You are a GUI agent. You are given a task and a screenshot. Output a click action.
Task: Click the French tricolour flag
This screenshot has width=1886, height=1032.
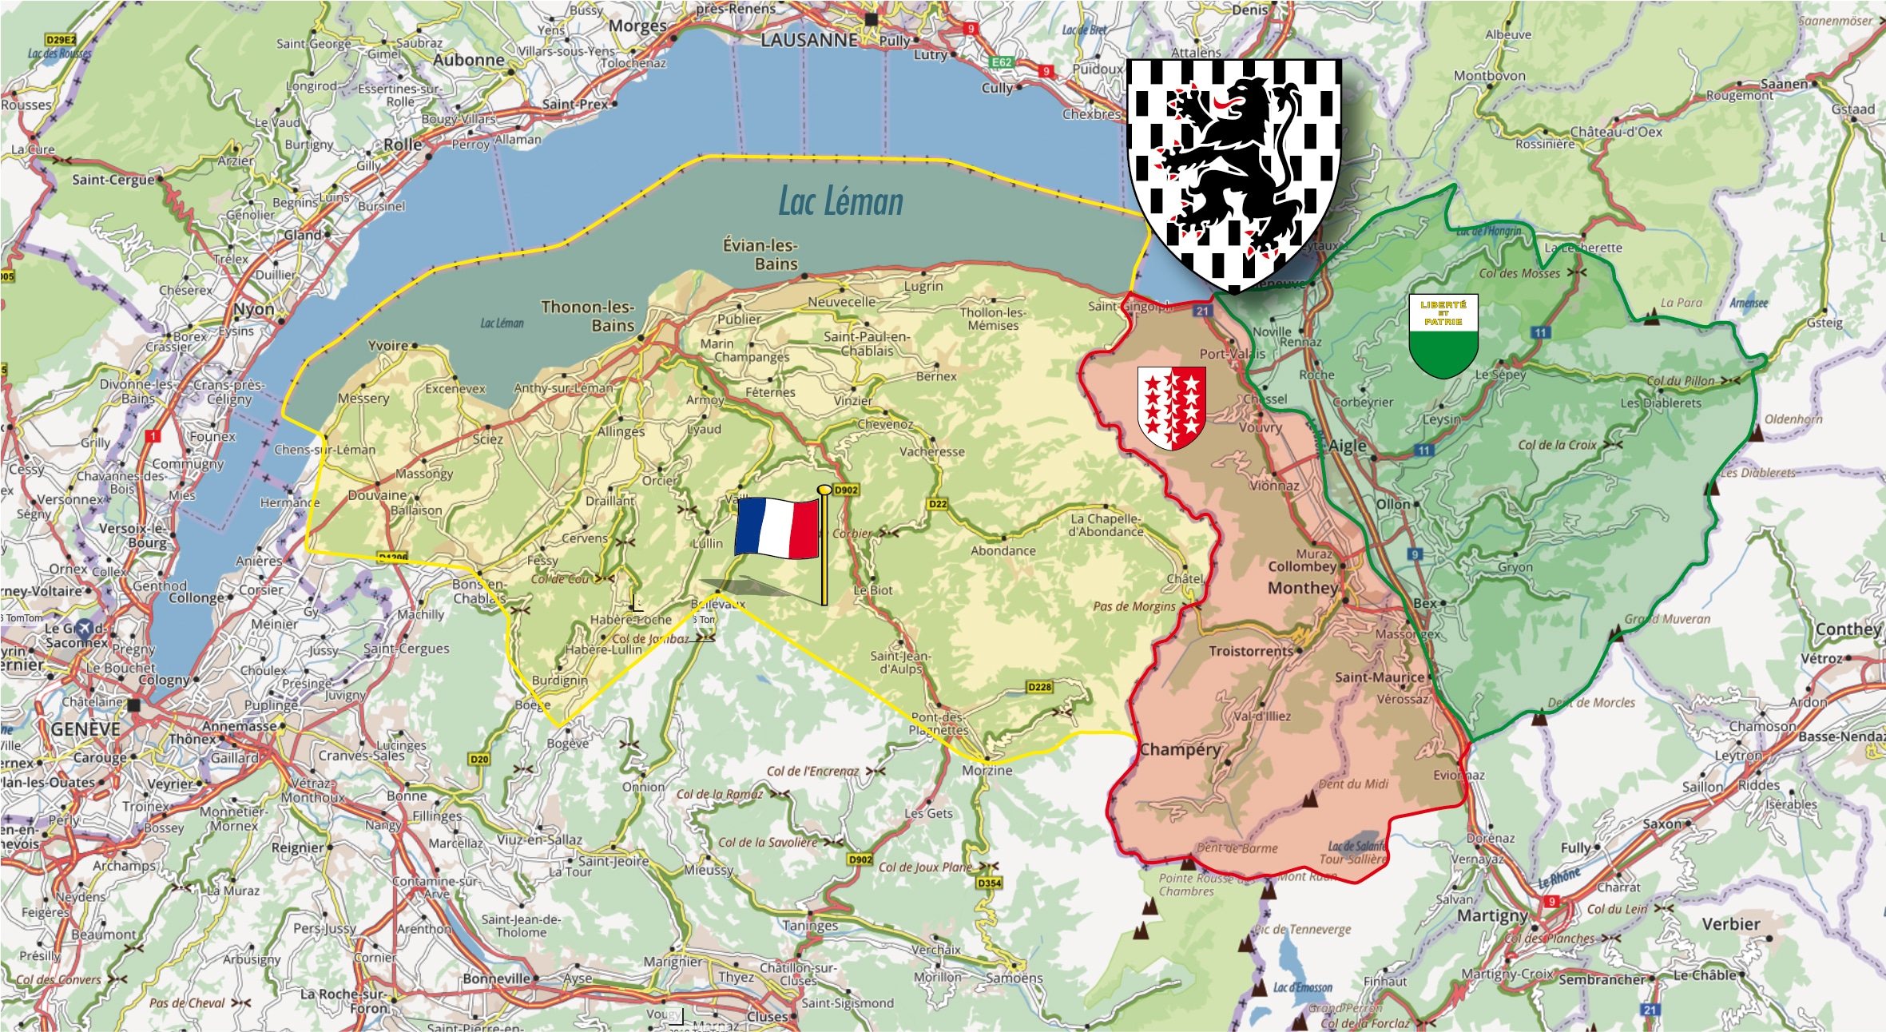[777, 527]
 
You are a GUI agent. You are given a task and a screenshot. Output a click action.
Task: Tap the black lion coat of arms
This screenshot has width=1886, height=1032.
[1233, 172]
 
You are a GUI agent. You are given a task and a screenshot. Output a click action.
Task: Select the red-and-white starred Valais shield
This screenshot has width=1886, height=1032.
[1171, 407]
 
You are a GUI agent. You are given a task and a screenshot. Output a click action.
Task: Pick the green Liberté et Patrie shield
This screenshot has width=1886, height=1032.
[1443, 335]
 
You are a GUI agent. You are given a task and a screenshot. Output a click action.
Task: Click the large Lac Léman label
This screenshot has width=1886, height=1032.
[840, 201]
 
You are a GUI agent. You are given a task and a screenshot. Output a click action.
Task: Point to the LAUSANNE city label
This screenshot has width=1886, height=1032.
[809, 40]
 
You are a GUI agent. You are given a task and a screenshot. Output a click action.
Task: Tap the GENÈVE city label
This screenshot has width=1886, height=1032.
[85, 729]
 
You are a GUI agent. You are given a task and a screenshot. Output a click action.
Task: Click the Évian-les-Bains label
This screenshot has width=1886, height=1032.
[760, 254]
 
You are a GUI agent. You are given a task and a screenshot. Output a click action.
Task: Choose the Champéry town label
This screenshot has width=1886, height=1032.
[1180, 749]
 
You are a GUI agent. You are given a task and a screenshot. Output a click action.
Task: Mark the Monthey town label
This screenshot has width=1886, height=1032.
[1302, 588]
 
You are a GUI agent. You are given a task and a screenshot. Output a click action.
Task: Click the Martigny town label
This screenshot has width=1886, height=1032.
[1492, 915]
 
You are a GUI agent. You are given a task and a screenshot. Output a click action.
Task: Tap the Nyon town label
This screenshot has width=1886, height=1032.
[253, 309]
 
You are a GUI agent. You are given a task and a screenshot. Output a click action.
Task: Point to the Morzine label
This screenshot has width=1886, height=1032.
[987, 770]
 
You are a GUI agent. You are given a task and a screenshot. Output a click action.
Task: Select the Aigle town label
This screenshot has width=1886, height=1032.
[1348, 446]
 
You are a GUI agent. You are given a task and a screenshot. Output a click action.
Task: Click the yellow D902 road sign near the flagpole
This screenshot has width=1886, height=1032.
[846, 490]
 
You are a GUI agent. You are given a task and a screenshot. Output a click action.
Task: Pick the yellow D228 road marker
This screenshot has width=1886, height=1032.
[1039, 687]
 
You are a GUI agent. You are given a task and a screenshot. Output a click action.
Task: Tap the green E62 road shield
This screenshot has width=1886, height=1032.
[1002, 62]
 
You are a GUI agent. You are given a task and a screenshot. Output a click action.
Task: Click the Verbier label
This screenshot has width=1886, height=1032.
[1731, 924]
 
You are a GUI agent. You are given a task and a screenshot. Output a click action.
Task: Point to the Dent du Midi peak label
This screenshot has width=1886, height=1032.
[1353, 784]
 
